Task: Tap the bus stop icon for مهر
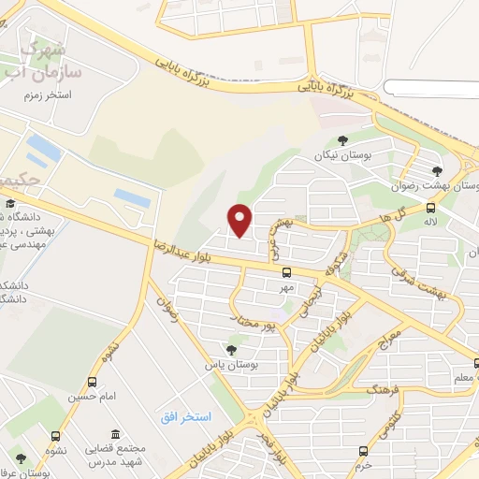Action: coord(286,272)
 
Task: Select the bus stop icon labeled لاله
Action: coord(430,208)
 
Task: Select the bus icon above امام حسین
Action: coord(92,382)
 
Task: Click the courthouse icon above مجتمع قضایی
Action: coord(114,435)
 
